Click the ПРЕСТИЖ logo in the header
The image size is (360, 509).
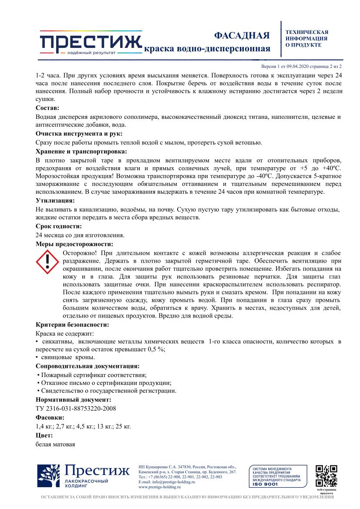[91, 42]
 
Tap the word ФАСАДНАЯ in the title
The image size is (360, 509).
[242, 35]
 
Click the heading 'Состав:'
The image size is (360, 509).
[47, 108]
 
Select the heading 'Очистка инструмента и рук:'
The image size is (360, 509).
[79, 134]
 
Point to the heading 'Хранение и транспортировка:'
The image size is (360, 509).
[81, 152]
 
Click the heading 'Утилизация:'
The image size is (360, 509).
[55, 201]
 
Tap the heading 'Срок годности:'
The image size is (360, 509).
[58, 226]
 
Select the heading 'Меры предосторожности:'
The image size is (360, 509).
[74, 244]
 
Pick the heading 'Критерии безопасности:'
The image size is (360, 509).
[72, 324]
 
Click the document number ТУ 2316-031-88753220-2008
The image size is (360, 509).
[75, 408]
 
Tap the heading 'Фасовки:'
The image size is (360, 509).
[50, 417]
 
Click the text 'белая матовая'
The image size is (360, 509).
[55, 445]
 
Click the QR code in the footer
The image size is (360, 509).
[326, 475]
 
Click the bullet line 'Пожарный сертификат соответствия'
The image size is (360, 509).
[92, 375]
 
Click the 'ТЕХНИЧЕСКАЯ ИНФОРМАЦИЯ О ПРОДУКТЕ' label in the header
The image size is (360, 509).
[306, 38]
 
